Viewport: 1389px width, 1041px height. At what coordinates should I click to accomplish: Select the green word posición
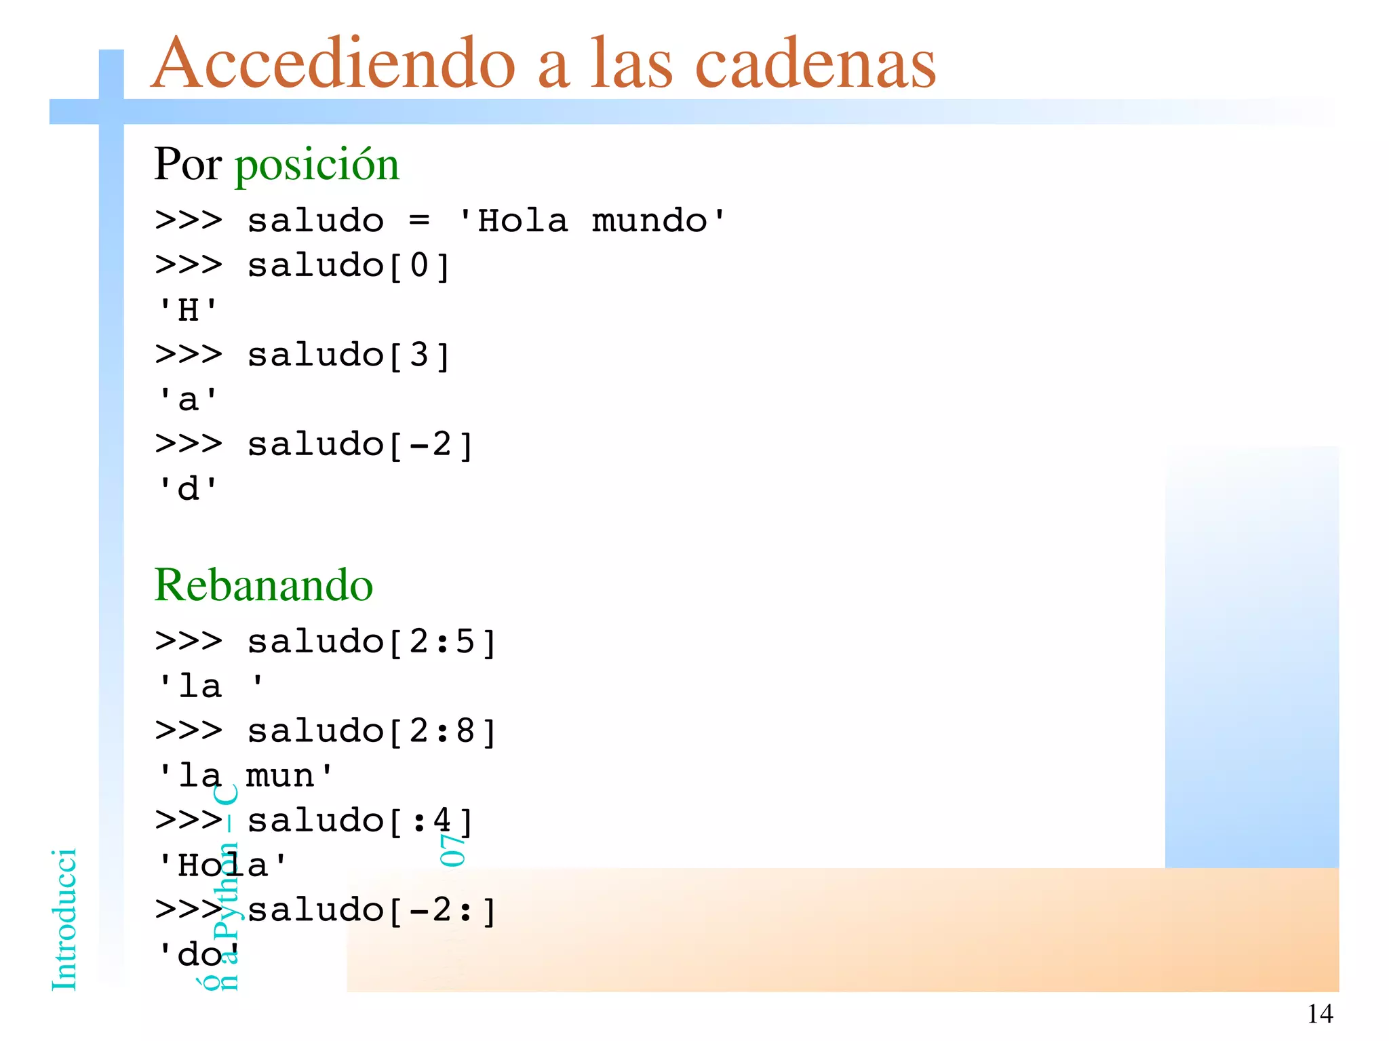click(x=317, y=165)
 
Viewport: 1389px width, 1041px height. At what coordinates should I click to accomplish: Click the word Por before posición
click(x=188, y=165)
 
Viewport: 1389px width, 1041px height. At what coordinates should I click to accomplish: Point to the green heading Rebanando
click(x=263, y=585)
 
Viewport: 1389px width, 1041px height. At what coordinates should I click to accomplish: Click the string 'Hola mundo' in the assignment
click(x=591, y=221)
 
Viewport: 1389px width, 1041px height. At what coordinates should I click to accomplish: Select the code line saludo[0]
click(x=349, y=266)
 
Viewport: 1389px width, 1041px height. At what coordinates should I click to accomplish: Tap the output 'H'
click(x=187, y=311)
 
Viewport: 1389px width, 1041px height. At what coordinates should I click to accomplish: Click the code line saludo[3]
click(x=349, y=355)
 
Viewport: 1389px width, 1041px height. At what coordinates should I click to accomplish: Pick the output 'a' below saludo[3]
click(x=187, y=400)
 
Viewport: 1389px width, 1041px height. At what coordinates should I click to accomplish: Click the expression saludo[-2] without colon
click(x=360, y=445)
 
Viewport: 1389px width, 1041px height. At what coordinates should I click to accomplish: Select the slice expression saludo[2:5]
click(x=372, y=642)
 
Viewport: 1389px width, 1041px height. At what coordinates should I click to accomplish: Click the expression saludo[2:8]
click(x=372, y=731)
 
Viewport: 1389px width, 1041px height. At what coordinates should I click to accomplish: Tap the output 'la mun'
click(x=245, y=776)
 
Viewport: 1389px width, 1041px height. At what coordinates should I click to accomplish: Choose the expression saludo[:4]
click(x=360, y=821)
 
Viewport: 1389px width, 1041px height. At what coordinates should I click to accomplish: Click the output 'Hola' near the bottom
click(x=222, y=865)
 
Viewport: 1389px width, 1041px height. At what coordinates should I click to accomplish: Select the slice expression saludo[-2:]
click(x=372, y=910)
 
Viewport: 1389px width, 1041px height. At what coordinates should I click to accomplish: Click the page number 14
click(x=1319, y=1014)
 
